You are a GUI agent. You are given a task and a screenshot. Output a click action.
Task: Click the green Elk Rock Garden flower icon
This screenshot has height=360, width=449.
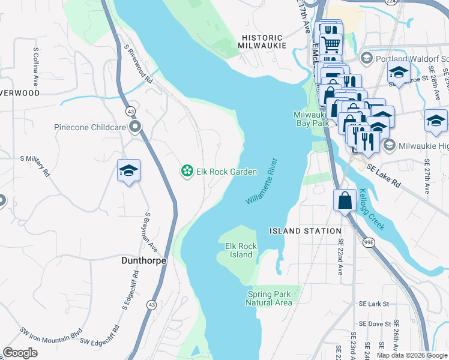pos(187,172)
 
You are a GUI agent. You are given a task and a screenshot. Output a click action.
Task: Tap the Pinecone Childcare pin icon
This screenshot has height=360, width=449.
pos(136,127)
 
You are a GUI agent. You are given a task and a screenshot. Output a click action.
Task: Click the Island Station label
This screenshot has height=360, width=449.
pos(305,231)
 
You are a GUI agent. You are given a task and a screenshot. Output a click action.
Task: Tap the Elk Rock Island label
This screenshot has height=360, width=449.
pos(241,250)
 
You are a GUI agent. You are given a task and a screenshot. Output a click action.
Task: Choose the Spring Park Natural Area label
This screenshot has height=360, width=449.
pos(269,298)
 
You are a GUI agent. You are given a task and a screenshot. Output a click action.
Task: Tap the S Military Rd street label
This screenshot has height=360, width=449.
pos(35,166)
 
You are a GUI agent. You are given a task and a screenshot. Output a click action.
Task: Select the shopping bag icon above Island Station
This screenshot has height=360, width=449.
pos(345,200)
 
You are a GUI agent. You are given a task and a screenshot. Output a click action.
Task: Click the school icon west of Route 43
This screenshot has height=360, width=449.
pos(128,171)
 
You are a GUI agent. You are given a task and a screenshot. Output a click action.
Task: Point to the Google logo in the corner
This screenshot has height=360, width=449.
pos(20,352)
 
